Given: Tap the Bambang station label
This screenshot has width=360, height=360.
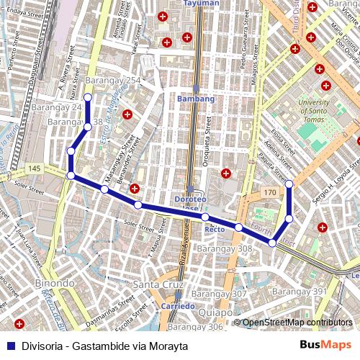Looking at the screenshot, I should tap(195, 99).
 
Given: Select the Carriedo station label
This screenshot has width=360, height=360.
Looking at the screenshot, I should tap(178, 306).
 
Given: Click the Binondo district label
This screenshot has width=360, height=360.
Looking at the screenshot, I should tap(54, 284).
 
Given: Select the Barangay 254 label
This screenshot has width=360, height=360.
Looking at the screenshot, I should tap(112, 80).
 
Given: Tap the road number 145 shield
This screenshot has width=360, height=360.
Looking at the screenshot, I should tap(35, 168).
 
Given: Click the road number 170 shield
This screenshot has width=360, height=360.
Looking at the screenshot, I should tap(269, 194).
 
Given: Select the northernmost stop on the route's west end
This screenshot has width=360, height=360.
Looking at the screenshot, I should tap(88, 97).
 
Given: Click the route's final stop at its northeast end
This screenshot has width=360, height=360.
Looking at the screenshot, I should tap(289, 185).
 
